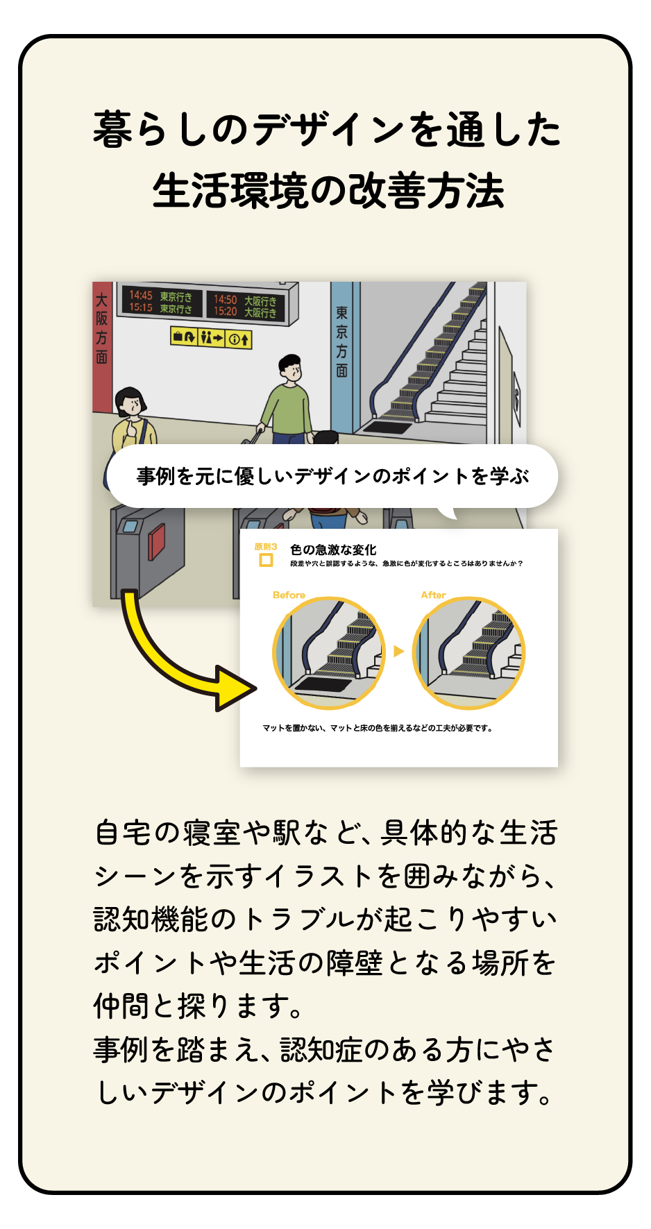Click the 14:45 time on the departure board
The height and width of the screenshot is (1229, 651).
click(141, 295)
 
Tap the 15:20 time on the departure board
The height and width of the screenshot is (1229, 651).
click(225, 312)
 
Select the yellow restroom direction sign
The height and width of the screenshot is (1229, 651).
click(212, 337)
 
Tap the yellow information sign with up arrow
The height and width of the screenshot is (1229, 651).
click(239, 339)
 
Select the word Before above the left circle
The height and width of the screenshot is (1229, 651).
click(289, 595)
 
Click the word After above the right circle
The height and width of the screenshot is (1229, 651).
click(433, 595)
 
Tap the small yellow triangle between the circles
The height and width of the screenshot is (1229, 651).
click(398, 651)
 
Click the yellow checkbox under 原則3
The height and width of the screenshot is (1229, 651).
click(266, 560)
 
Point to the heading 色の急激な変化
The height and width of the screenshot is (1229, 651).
click(333, 550)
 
